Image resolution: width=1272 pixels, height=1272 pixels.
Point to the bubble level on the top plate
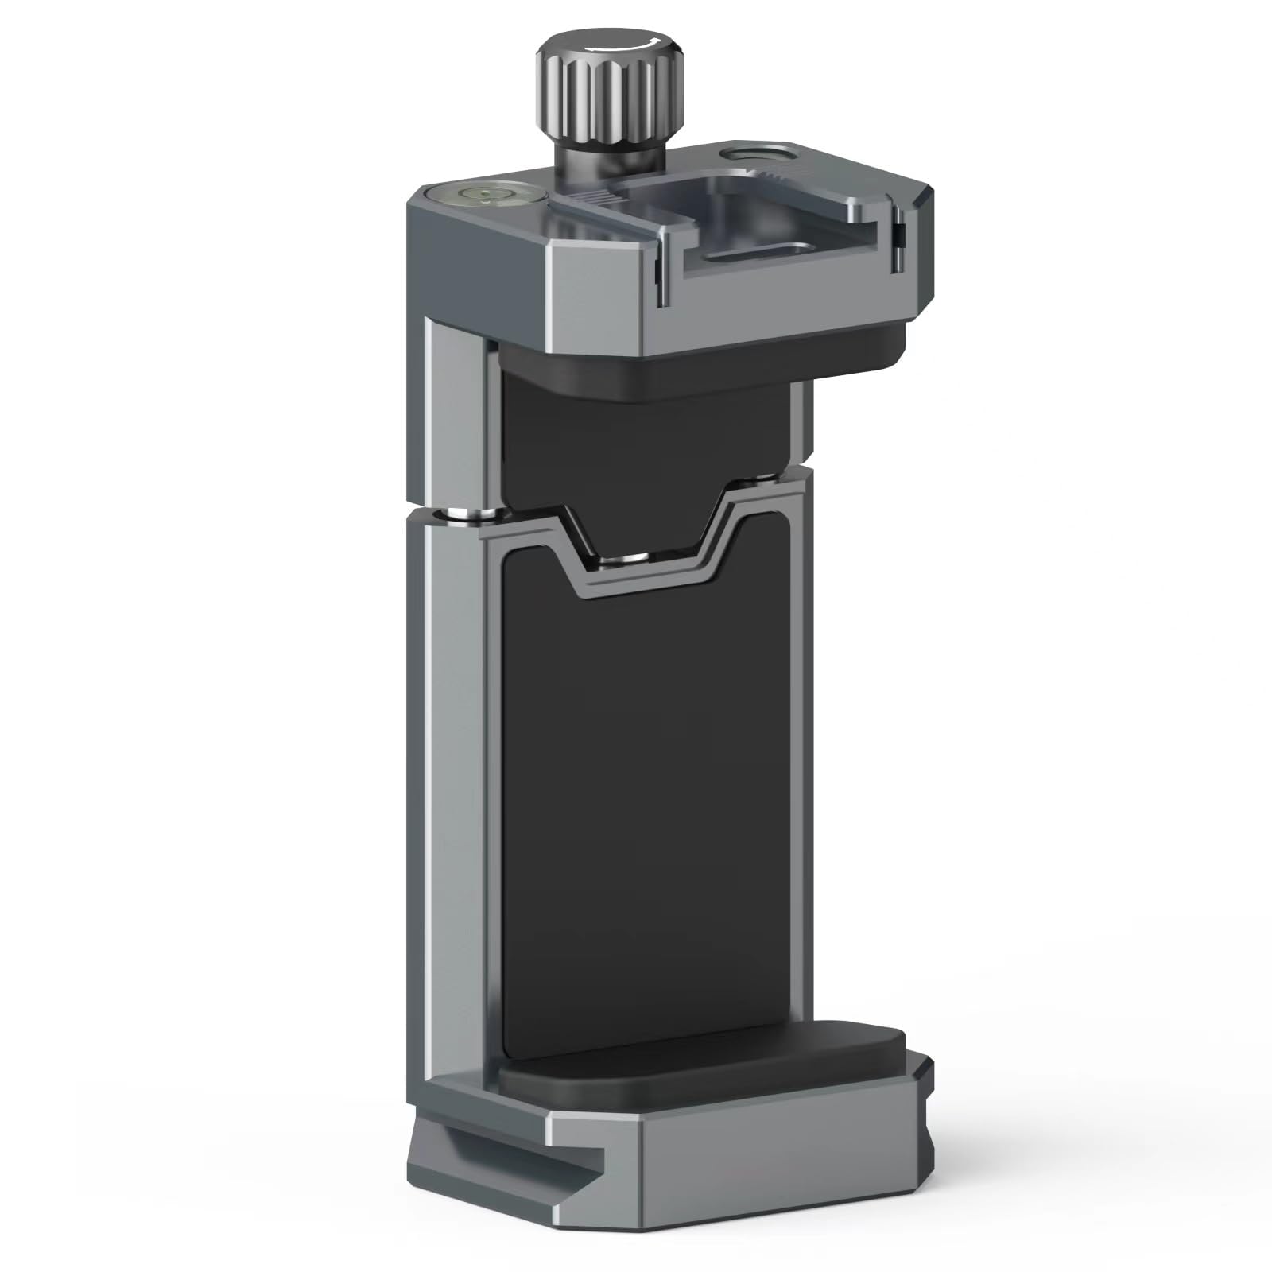(483, 193)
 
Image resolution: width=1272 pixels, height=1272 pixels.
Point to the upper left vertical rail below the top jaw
(456, 413)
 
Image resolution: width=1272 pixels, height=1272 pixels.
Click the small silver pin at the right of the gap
(759, 480)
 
